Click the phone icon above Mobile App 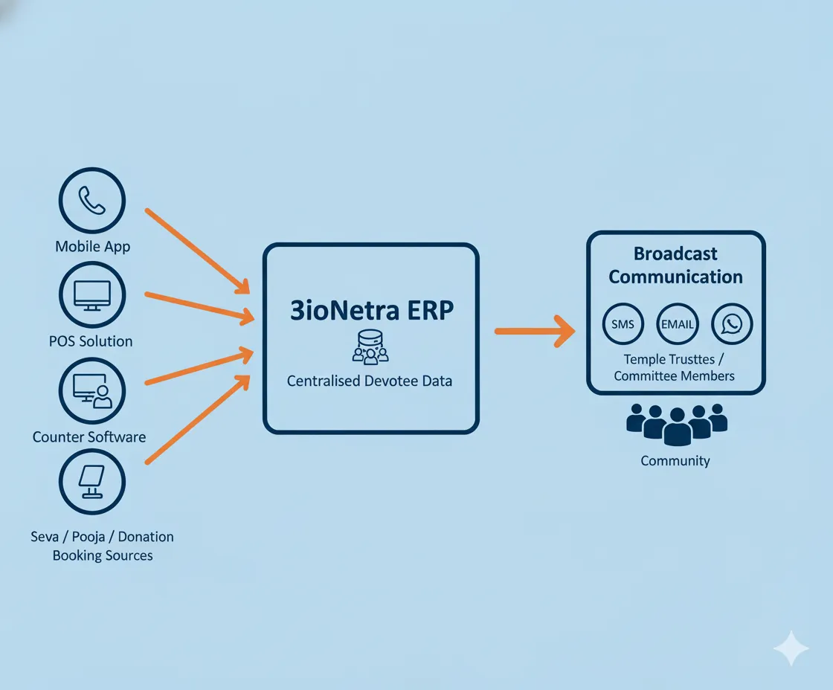[92, 200]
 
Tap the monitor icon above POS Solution [92, 295]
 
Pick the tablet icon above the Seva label [92, 483]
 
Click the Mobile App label [92, 246]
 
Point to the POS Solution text [90, 341]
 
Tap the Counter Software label [89, 437]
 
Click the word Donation [146, 536]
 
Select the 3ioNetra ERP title [371, 310]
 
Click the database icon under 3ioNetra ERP [370, 346]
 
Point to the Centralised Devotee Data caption [370, 381]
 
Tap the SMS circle [623, 324]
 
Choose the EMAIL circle [677, 324]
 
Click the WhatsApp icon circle [732, 324]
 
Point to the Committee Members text [674, 375]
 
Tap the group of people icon [676, 423]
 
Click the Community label [675, 461]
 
